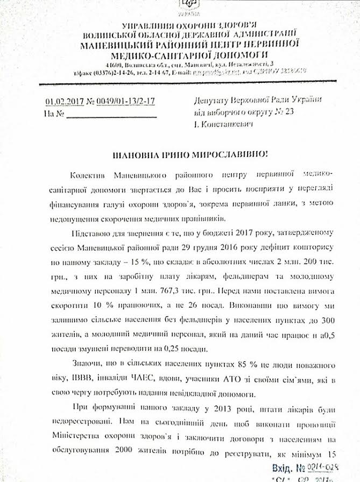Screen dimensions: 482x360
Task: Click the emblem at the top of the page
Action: (x=186, y=4)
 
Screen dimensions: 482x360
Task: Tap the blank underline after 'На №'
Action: (x=111, y=114)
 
